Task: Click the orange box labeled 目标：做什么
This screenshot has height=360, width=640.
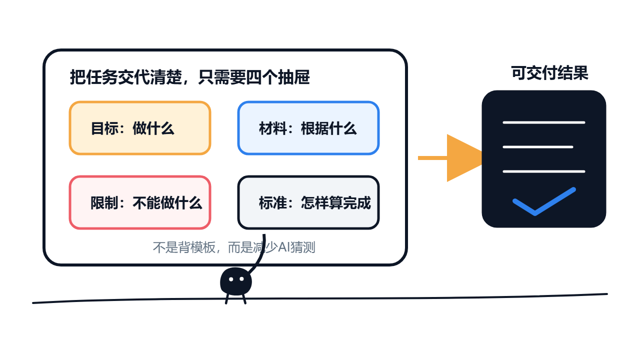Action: click(140, 128)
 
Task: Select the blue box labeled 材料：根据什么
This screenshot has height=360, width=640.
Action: click(308, 128)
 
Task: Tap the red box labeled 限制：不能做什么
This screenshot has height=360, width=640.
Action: click(140, 202)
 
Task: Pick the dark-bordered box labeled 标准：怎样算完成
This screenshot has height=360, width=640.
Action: click(308, 202)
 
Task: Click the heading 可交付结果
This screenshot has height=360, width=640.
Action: click(549, 73)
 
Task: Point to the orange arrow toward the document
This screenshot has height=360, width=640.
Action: click(450, 158)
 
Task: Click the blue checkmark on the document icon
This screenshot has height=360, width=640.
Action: click(544, 201)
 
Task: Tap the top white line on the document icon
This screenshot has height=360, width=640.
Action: click(544, 122)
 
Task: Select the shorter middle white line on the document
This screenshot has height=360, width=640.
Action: click(538, 147)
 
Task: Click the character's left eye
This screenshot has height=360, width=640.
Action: click(231, 279)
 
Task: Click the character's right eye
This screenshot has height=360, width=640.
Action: click(241, 279)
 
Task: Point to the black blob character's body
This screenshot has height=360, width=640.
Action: click(236, 281)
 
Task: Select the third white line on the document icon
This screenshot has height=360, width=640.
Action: click(544, 171)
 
